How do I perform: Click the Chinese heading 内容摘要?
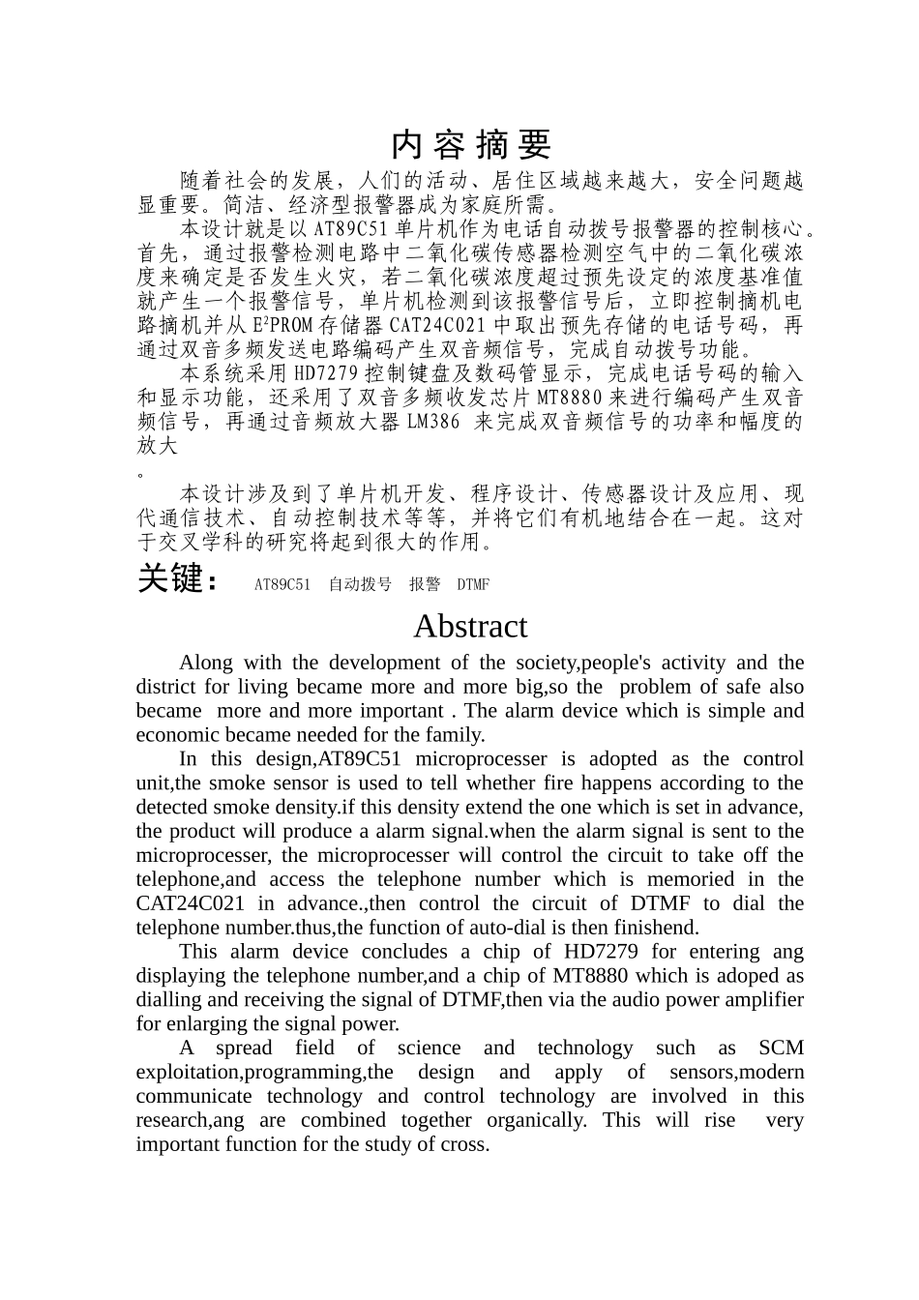pyautogui.click(x=470, y=144)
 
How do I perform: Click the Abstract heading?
pyautogui.click(x=470, y=627)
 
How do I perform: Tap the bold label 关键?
pyautogui.click(x=171, y=579)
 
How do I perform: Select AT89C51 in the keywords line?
pyautogui.click(x=282, y=584)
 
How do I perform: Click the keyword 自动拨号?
pyautogui.click(x=360, y=584)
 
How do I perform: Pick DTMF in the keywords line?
pyautogui.click(x=473, y=584)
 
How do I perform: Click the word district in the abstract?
pyautogui.click(x=164, y=687)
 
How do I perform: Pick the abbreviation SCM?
pyautogui.click(x=781, y=1048)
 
